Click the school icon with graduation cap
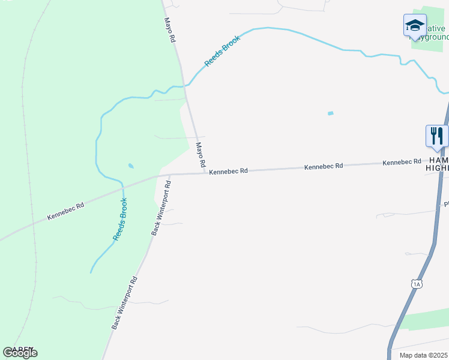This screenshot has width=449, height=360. (414, 26)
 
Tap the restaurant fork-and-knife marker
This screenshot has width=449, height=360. (436, 136)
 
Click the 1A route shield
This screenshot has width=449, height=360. (416, 283)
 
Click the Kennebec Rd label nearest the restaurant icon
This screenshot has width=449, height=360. (402, 163)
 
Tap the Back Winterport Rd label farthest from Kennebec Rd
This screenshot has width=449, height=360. (125, 302)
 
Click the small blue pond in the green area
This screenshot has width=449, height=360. (131, 166)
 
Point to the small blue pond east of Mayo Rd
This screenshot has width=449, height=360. (330, 113)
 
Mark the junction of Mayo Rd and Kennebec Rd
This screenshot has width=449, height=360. (205, 173)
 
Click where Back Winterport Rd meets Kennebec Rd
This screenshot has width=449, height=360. (169, 175)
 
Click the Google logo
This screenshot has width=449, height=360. (20, 352)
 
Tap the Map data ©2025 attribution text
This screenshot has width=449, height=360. (424, 355)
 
